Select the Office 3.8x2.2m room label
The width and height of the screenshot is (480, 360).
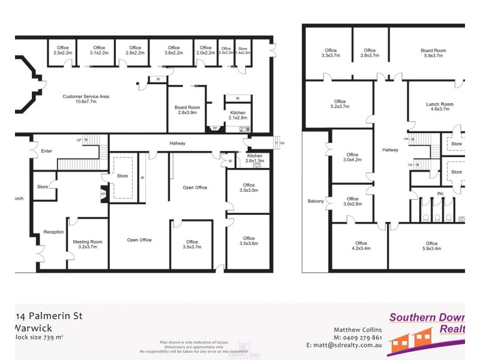(x=173, y=50)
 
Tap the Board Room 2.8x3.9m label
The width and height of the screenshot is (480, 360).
(x=187, y=110)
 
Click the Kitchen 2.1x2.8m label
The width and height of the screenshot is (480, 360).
(x=237, y=115)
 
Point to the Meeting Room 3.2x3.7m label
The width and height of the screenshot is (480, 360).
(x=88, y=245)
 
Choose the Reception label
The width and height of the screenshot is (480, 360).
(x=53, y=232)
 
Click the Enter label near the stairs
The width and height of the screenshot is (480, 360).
(x=46, y=151)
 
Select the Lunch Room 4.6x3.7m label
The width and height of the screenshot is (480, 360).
(x=439, y=107)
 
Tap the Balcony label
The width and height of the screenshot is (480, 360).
(x=316, y=201)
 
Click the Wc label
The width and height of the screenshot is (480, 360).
(x=439, y=193)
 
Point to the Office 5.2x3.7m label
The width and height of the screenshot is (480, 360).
(x=340, y=104)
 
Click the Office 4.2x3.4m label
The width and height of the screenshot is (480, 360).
(x=361, y=246)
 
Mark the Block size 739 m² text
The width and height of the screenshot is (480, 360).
(x=38, y=338)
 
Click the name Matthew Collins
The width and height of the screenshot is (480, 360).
(x=358, y=329)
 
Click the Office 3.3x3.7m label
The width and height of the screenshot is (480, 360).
(x=331, y=53)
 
